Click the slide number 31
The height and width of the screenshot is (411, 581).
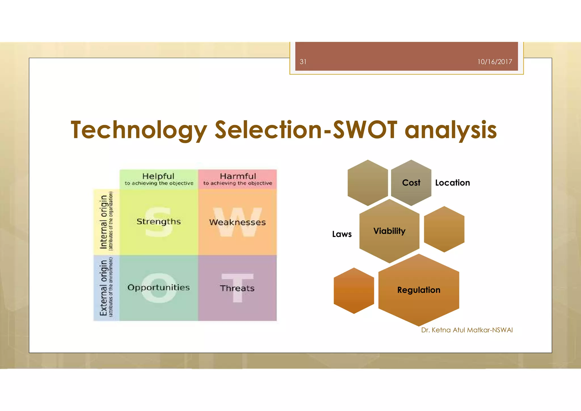click(x=303, y=62)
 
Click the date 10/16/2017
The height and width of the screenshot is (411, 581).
click(x=494, y=62)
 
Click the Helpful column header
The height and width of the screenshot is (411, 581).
click(x=158, y=176)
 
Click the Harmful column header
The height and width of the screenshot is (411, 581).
click(x=238, y=176)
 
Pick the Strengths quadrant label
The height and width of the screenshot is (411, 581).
click(x=159, y=221)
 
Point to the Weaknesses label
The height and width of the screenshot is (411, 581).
click(x=237, y=222)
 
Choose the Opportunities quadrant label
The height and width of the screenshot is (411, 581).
click(x=159, y=288)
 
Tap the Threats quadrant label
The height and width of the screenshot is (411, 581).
click(x=237, y=288)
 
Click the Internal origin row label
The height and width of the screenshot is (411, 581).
click(x=104, y=222)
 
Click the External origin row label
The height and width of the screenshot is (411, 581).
click(x=104, y=288)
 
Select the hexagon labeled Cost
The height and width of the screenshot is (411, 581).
click(x=411, y=183)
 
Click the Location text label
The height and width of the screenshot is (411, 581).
click(x=452, y=183)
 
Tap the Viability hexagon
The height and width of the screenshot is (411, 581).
click(x=389, y=231)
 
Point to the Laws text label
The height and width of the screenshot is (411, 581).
click(x=342, y=234)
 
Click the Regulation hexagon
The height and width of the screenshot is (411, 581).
click(x=419, y=290)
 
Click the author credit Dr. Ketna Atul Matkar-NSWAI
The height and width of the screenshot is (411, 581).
click(x=467, y=330)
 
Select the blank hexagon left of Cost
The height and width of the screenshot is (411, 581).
click(x=368, y=183)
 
